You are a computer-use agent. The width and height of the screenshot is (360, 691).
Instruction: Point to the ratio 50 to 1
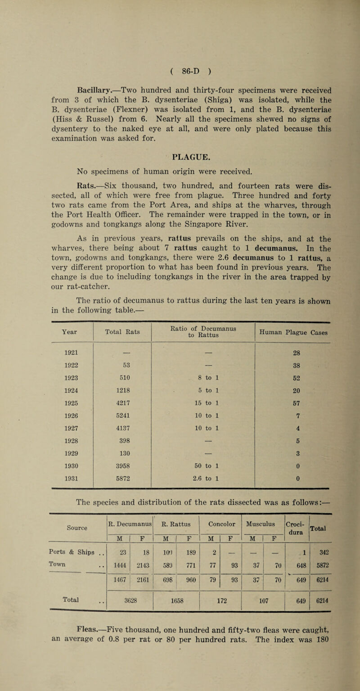(x=203, y=426)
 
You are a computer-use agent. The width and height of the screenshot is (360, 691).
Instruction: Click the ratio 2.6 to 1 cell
(x=203, y=439)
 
